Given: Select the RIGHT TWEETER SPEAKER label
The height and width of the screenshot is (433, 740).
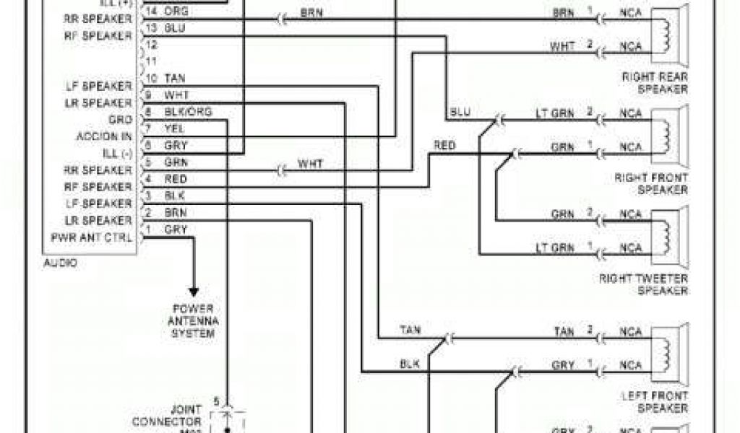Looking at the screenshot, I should (x=643, y=284).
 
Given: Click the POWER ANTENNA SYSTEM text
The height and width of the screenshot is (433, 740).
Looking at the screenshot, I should (x=193, y=320).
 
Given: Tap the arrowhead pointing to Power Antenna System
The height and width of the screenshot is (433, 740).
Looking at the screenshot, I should (x=193, y=292).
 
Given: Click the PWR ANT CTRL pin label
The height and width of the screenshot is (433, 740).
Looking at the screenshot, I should (x=92, y=237).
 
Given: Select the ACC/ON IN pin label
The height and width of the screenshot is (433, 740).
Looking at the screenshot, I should (x=104, y=136).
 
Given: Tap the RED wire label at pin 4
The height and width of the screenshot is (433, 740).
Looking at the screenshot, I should (x=176, y=179).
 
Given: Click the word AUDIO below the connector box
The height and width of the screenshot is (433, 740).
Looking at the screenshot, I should (x=60, y=263).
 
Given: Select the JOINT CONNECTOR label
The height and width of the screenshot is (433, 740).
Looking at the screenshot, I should (x=176, y=416).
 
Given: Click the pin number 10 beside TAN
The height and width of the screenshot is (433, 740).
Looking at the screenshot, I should (x=152, y=78).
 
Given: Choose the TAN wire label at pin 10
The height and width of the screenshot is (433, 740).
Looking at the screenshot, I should (x=175, y=78).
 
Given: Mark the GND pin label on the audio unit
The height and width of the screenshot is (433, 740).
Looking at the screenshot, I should (x=120, y=120).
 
